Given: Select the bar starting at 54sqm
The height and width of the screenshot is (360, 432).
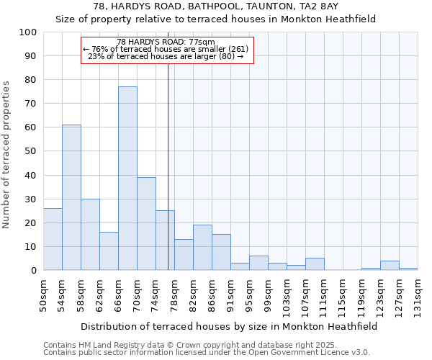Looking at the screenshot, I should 71,197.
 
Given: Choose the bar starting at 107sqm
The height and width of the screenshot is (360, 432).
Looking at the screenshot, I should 315,264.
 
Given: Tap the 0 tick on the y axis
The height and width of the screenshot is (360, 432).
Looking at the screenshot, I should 34,271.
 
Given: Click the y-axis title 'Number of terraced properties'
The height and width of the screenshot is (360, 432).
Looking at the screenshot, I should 6,154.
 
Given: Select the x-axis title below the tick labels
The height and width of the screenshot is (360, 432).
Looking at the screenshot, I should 229,326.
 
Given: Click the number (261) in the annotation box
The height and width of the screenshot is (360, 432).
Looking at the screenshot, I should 238,49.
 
